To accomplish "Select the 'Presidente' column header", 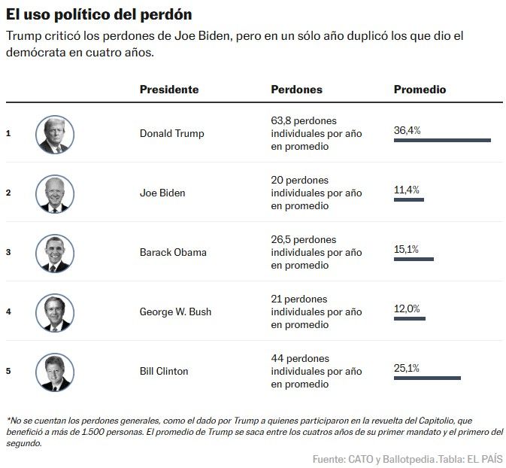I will [169, 90].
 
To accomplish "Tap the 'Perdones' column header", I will [296, 90].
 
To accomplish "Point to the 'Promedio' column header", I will [420, 90].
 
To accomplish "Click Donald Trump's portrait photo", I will [55, 135].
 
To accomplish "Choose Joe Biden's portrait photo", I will [55, 193].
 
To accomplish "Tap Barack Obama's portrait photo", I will [55, 253].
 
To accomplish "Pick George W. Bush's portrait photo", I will [55, 312].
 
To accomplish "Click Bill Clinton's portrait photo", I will [55, 372].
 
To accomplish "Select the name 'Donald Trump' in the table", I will [171, 134].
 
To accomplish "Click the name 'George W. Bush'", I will [175, 311].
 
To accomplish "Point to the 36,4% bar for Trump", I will [442, 140].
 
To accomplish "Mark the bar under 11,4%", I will [409, 199].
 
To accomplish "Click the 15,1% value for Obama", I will [406, 249].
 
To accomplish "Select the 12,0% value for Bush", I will [407, 308].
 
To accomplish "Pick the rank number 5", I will [8, 371].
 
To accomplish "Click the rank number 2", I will [8, 193].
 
